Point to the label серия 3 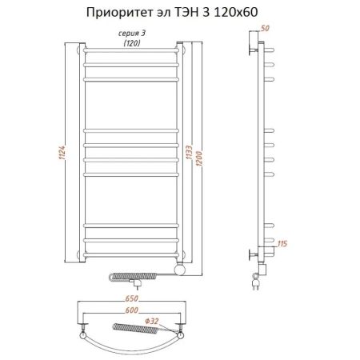point(132,32)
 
